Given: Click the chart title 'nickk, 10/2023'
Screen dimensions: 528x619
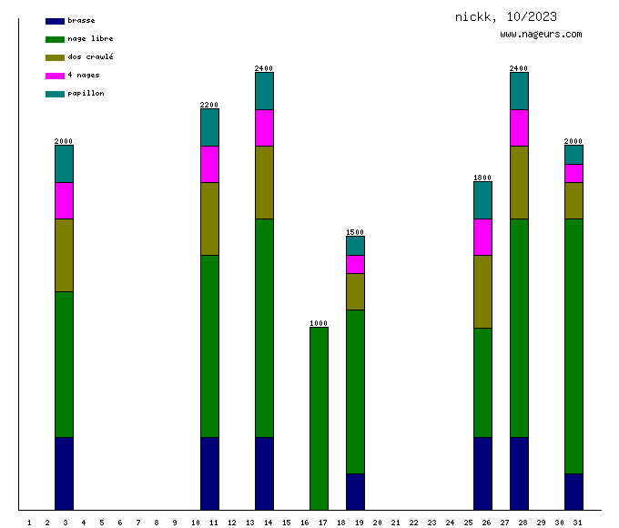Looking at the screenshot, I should click(506, 16).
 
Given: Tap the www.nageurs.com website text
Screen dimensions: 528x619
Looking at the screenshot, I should click(541, 35).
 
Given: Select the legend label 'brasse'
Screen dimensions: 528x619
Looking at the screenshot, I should click(81, 20).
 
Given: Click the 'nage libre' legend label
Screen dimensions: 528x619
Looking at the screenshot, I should click(90, 38).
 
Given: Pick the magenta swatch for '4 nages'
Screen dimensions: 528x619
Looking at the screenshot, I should click(55, 75).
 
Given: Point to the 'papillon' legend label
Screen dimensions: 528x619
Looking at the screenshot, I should click(86, 93).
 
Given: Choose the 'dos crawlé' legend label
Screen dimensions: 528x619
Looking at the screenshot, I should click(90, 56).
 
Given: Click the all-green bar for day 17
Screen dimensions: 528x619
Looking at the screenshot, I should click(319, 418).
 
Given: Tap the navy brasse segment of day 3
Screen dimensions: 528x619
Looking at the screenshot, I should click(64, 472).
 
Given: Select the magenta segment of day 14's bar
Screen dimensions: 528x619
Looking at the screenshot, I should click(264, 127).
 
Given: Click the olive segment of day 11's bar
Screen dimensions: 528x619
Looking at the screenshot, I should click(209, 218).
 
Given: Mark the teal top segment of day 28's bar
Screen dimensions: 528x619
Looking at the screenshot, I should click(519, 90).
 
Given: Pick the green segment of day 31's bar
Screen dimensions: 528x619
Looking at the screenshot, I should click(573, 346).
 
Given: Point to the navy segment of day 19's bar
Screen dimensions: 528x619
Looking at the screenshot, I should click(355, 491).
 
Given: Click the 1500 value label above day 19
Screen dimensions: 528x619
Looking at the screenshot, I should click(355, 232).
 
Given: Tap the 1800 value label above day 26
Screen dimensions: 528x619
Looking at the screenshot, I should click(482, 178).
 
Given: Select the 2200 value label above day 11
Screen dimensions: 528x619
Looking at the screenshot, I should click(209, 105).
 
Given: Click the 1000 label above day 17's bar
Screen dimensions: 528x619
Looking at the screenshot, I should click(319, 323).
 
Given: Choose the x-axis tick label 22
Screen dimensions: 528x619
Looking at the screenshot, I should click(413, 523).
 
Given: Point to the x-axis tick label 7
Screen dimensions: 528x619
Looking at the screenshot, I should click(137, 523).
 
